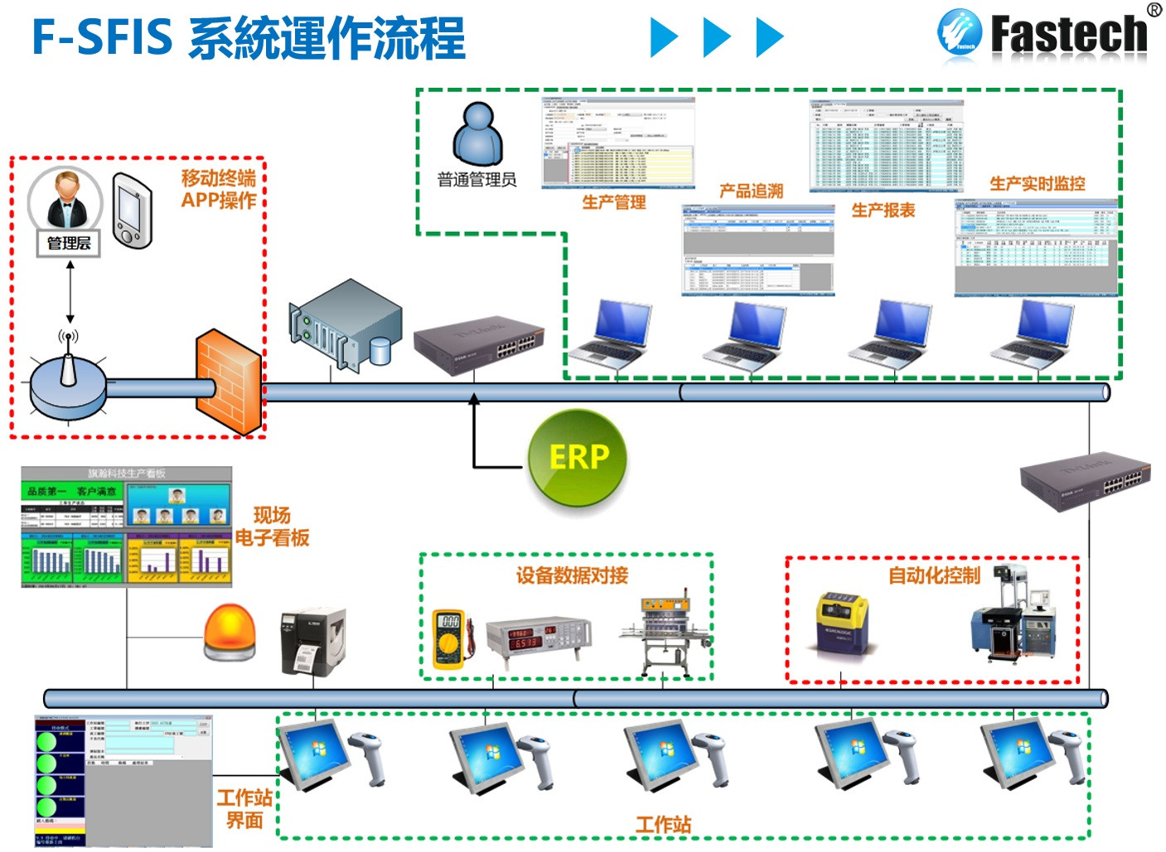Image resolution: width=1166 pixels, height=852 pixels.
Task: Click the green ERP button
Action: coord(578,458)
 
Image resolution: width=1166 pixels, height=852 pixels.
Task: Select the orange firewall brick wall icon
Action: coord(229,382)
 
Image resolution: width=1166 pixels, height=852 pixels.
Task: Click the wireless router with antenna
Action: coord(68,386)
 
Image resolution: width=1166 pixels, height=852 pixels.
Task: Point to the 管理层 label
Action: coord(69,243)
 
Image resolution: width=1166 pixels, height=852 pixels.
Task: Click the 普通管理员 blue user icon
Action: coord(477,134)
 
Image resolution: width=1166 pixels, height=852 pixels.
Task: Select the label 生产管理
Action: coord(613,202)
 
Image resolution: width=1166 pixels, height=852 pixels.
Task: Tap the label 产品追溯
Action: coord(751,191)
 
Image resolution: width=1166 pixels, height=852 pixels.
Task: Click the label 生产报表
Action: coord(883,210)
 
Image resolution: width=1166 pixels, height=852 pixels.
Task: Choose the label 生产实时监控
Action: coord(1037,184)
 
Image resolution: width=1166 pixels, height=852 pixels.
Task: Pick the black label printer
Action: coord(312,642)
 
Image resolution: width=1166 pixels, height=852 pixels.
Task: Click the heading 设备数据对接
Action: coord(572,575)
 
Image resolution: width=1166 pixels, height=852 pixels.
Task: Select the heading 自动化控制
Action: coord(934,575)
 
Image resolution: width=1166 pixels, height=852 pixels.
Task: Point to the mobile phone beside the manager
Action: coord(133,211)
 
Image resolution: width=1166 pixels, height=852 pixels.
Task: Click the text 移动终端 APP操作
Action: coord(219,190)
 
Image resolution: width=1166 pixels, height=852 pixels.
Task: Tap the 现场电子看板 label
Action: coord(272,527)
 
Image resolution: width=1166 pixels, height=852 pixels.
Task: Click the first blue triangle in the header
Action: coord(664,37)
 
